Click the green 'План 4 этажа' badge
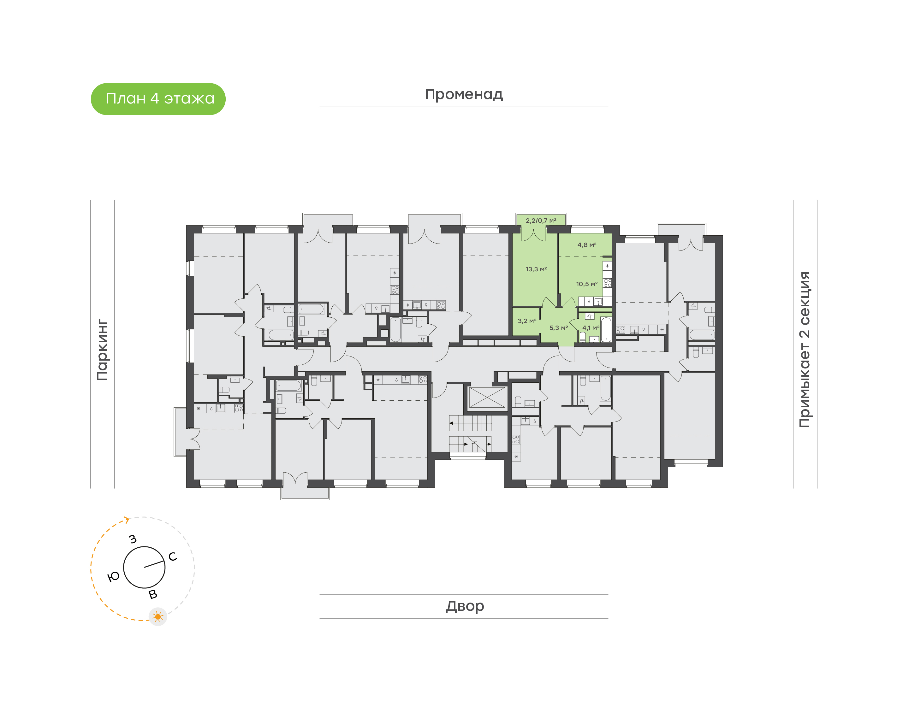[x=158, y=99]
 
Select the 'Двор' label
[x=465, y=606]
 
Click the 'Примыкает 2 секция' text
[x=804, y=350]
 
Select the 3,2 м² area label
[x=526, y=321]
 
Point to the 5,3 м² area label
[x=558, y=328]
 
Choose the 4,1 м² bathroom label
[x=591, y=328]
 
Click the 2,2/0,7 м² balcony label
[x=541, y=221]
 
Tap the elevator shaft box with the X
[x=487, y=398]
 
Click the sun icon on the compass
[x=158, y=616]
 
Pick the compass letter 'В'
[x=153, y=594]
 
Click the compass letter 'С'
[x=172, y=557]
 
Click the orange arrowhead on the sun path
[x=127, y=520]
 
